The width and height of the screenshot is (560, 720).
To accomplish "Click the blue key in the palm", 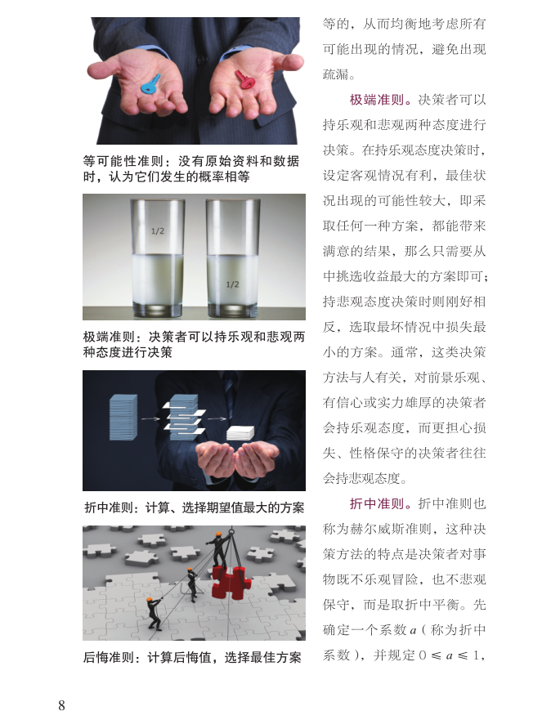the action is pos(150,83).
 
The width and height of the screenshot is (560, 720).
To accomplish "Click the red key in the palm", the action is pos(245,78).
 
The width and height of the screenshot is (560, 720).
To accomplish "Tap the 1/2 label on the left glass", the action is pos(158,231).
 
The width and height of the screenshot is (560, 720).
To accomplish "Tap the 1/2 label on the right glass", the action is pos(232,284).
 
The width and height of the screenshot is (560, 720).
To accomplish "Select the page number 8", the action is pos(62,704).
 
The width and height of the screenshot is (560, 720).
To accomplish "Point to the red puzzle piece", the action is pos(231,582).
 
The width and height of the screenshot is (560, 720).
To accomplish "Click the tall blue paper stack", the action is pos(123,418).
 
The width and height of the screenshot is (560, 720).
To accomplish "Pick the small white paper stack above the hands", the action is pos(240,433).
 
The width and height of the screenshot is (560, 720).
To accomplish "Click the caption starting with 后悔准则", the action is pos(192,658).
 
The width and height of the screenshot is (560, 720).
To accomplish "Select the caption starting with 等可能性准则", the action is pos(191,168).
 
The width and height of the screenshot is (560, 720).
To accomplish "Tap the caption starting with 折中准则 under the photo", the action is pos(194,508).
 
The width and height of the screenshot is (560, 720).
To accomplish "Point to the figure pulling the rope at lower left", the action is pos(155,614).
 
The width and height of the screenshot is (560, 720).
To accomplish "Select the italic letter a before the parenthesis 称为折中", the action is pos(413,630).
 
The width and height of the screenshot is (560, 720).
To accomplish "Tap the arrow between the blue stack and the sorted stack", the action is pos(150,418).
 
